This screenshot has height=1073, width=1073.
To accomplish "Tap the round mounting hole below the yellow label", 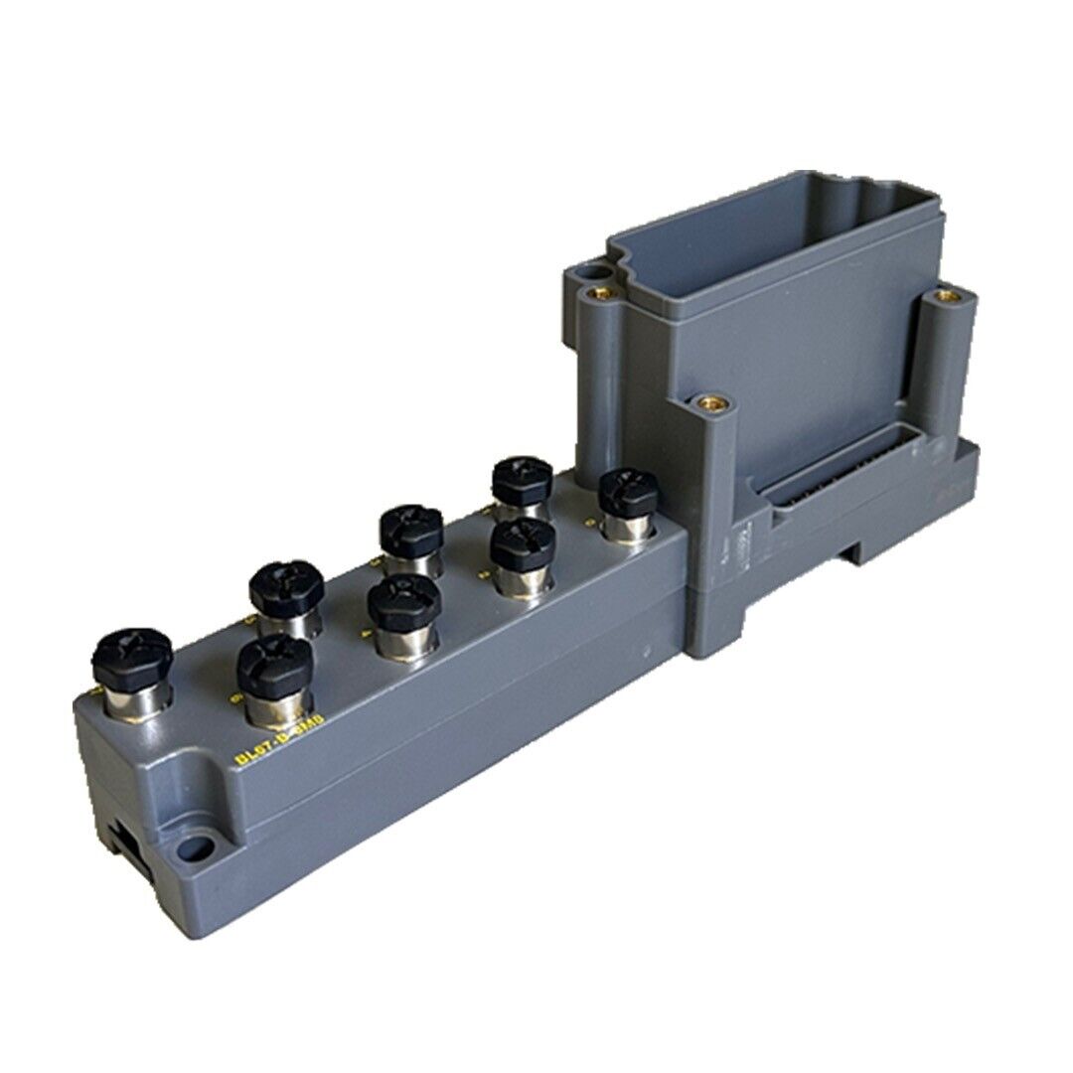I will tap(196, 849).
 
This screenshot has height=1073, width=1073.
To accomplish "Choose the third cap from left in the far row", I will tap(410, 529).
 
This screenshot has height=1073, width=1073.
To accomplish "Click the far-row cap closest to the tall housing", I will tap(523, 481).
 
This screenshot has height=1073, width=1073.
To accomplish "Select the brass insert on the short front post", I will tap(711, 403).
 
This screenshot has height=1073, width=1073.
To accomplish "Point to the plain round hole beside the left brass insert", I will tap(592, 269).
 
